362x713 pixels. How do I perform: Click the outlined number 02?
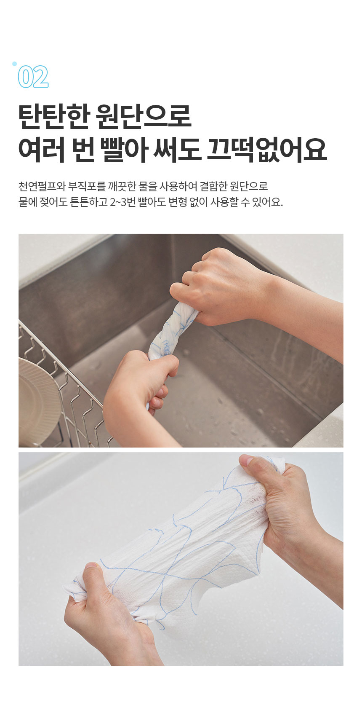(33, 77)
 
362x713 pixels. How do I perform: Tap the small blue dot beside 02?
(15, 64)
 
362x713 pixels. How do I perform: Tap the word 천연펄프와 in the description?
(42, 186)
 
